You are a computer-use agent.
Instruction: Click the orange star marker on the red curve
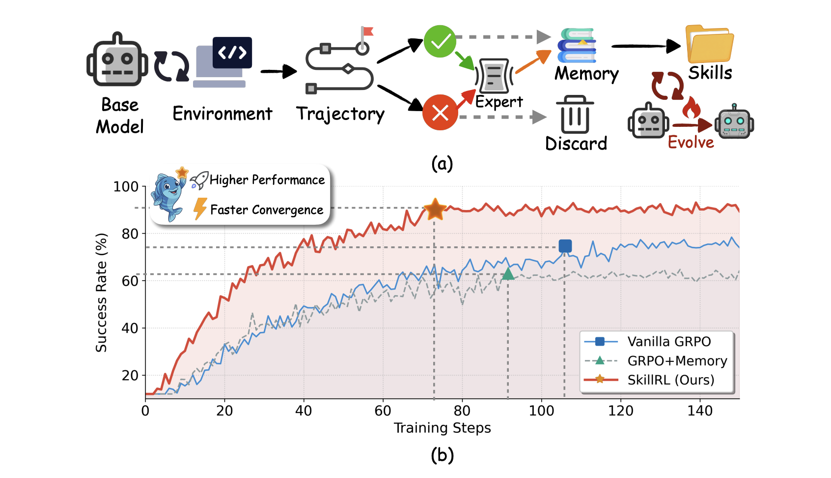435,209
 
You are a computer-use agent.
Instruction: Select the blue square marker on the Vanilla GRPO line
565,246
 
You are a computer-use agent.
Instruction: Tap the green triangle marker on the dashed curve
508,274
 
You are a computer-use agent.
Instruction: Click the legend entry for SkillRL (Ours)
649,380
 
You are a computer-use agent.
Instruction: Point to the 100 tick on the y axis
126,186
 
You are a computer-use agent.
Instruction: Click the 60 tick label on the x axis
383,411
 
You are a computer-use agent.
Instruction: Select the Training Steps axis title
442,428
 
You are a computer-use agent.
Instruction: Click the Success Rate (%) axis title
101,293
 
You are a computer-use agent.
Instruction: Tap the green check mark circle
440,41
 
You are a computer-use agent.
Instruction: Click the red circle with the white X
440,113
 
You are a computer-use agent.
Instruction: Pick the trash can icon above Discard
575,114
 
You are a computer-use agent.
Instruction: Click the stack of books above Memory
577,45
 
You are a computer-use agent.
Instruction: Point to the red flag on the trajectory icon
368,31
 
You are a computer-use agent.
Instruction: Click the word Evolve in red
691,142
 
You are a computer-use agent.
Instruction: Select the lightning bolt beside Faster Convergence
200,209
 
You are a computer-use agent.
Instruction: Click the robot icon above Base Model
117,60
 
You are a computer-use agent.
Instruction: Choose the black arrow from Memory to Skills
646,46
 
